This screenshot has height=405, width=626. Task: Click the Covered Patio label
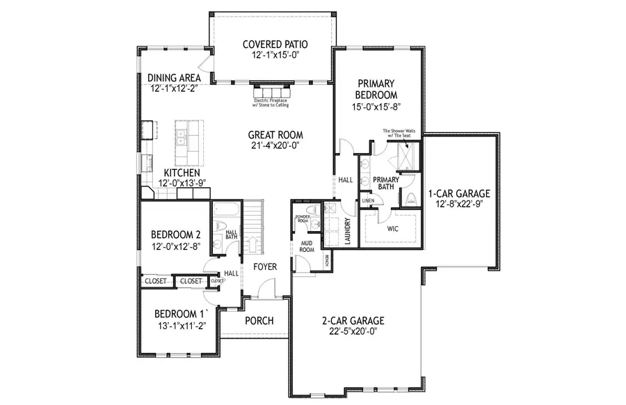click(x=275, y=45)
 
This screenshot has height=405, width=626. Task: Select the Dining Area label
click(x=174, y=78)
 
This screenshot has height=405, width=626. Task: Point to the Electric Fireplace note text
click(x=273, y=103)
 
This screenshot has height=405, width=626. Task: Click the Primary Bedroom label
click(x=376, y=88)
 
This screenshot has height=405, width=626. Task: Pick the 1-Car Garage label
click(x=459, y=193)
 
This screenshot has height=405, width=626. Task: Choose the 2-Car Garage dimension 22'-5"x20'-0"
click(x=353, y=332)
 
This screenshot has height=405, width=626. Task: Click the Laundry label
click(x=347, y=232)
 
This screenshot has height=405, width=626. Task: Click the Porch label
click(x=259, y=321)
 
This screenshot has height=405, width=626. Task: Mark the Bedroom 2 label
click(x=177, y=234)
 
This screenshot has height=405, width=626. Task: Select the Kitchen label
click(x=182, y=173)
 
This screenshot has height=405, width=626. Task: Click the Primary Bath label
click(x=385, y=182)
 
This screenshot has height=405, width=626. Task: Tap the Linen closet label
click(x=369, y=201)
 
